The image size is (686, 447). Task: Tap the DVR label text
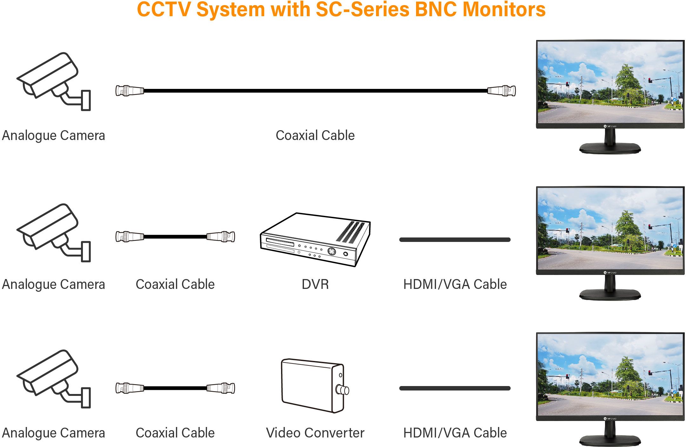point(315,284)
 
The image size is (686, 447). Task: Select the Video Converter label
point(315,433)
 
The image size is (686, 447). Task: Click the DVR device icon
point(315,240)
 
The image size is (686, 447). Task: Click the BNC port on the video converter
point(343,390)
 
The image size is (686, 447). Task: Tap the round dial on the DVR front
point(332,251)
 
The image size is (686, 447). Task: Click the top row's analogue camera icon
point(53,81)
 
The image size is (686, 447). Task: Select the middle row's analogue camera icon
point(53,232)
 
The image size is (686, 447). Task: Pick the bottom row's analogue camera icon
point(53,378)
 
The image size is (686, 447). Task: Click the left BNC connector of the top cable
point(130,91)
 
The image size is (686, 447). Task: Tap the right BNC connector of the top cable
point(502,91)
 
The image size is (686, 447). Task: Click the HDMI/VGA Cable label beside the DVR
point(455,284)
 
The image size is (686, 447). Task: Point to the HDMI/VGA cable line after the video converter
point(455,388)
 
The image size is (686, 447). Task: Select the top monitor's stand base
point(610,148)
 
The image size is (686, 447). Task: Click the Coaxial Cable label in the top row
point(315,135)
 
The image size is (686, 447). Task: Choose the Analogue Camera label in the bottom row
point(53,433)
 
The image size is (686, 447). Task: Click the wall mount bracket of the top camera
point(86,100)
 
